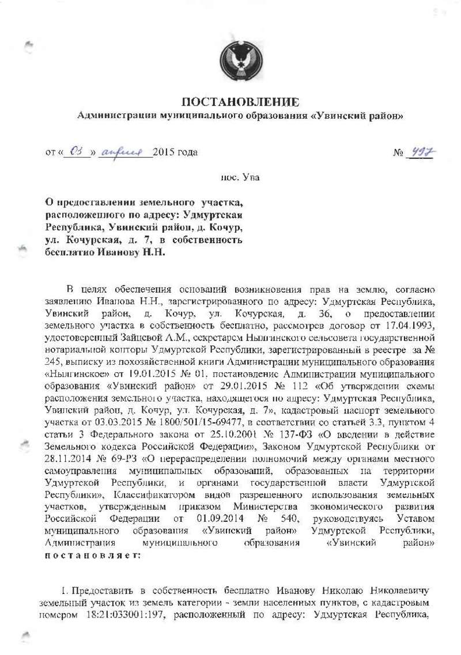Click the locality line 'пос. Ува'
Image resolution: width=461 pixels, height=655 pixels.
240,177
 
